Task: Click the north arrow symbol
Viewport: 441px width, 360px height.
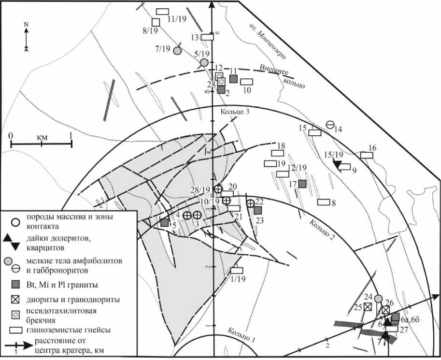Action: (27, 37)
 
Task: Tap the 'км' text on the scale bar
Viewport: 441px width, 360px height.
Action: (42, 137)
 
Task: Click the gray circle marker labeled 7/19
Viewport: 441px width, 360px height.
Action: (177, 50)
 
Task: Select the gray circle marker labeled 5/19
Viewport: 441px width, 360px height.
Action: (204, 62)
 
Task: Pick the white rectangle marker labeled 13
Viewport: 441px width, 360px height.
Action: (208, 37)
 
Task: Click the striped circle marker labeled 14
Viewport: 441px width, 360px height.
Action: (330, 125)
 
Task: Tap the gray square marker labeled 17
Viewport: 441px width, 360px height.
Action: (302, 184)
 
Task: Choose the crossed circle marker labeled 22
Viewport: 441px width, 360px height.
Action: (250, 203)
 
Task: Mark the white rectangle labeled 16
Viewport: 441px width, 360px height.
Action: (367, 155)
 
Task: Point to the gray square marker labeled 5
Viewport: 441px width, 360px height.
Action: (165, 223)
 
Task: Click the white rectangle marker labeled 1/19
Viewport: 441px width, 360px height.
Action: (237, 271)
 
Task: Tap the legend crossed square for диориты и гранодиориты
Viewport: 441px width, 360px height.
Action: (16, 299)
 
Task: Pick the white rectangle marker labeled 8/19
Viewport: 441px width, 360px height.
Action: (156, 22)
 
